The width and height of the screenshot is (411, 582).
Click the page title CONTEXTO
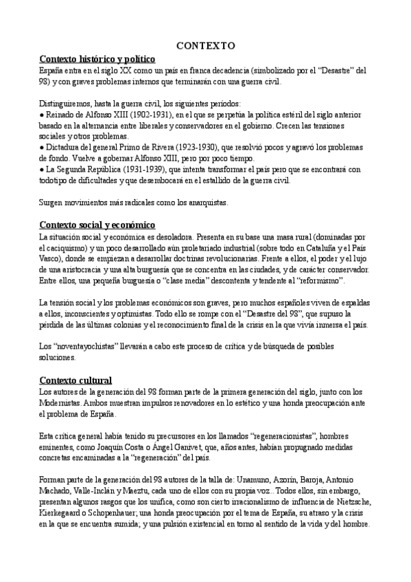206,46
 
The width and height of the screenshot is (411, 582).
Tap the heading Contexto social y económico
98,225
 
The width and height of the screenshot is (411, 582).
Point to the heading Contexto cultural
76,380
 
